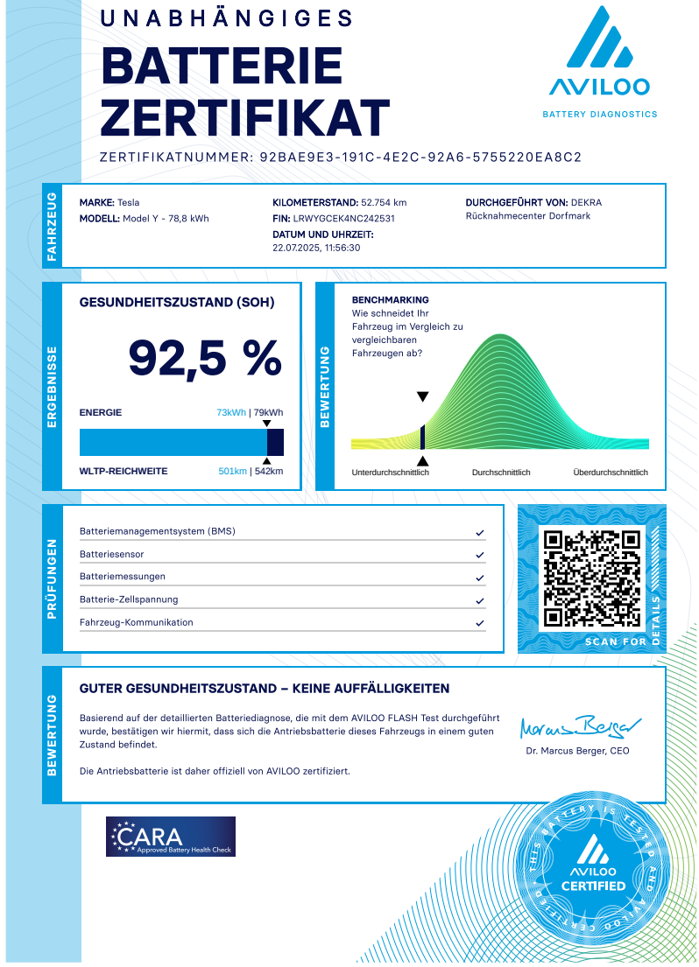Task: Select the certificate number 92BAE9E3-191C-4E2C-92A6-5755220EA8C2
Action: pos(421,158)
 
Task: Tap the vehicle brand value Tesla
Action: pos(129,202)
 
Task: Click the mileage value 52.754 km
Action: pos(384,202)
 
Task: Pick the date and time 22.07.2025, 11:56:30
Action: pos(317,248)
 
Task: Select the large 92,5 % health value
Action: pos(205,357)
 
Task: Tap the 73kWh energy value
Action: pos(231,413)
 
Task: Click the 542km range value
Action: pos(268,472)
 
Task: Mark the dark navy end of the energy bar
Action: pos(276,442)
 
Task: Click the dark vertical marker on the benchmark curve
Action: pos(422,437)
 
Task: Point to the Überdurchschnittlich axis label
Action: pos(611,473)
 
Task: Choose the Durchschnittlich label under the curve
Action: pos(501,473)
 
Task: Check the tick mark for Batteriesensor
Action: pos(479,555)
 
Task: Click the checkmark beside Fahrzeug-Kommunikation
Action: pos(479,623)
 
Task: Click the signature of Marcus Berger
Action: pos(579,727)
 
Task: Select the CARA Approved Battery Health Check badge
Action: pos(171,837)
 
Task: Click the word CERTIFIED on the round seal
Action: pos(593,886)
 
